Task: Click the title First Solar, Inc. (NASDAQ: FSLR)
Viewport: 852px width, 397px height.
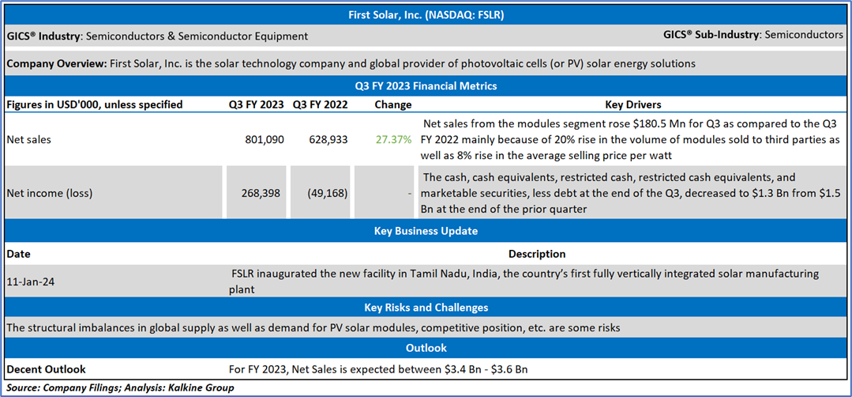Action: (x=426, y=14)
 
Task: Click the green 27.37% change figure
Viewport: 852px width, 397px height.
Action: (x=393, y=139)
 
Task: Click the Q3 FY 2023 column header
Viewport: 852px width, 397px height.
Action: (x=256, y=104)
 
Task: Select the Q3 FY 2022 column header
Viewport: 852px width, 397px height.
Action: (x=321, y=104)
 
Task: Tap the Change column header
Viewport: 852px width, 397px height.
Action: (x=393, y=104)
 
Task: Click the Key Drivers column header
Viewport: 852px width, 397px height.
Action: (x=633, y=104)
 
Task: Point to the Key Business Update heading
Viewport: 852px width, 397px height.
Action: (x=426, y=231)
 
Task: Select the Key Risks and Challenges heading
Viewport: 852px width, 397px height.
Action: (x=426, y=308)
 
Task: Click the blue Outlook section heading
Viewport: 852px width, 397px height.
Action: (x=426, y=348)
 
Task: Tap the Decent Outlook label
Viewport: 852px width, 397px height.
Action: (x=46, y=369)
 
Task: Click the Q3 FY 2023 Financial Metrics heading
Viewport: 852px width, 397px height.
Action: (x=426, y=85)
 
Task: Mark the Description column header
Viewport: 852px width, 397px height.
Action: (x=537, y=254)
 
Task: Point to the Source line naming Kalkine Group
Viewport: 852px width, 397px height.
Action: (x=120, y=388)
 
